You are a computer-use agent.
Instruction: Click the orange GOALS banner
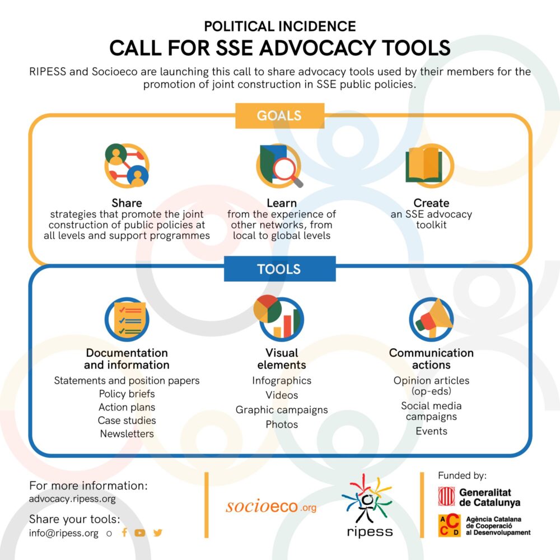click(x=279, y=116)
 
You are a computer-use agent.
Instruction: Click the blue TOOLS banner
click(x=279, y=269)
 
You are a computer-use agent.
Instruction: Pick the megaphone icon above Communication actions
click(x=431, y=319)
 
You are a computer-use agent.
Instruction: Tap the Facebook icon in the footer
click(x=124, y=533)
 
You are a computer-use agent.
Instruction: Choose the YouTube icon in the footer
click(x=139, y=533)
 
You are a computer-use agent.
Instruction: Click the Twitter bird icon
click(x=157, y=533)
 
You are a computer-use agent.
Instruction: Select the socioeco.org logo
click(x=271, y=507)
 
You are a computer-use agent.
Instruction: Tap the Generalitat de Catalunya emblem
click(x=446, y=496)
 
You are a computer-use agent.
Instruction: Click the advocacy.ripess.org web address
click(x=72, y=498)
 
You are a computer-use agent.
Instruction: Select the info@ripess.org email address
click(x=64, y=533)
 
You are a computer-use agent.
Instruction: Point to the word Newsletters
click(x=127, y=433)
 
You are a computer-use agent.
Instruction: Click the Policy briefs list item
click(x=127, y=394)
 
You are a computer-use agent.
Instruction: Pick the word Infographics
click(x=282, y=381)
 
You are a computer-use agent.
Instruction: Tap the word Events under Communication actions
click(x=431, y=431)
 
